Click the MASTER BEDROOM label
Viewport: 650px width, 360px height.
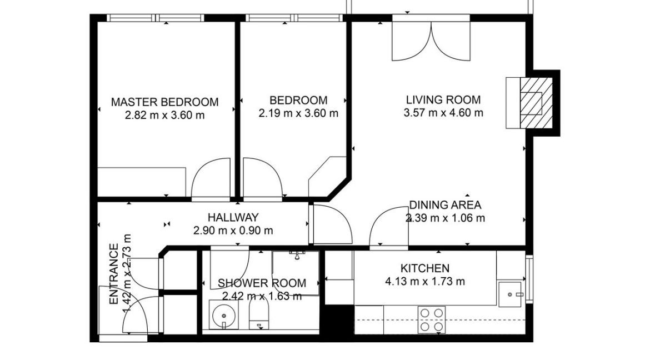click(x=164, y=102)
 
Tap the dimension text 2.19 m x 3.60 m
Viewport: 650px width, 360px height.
click(x=298, y=113)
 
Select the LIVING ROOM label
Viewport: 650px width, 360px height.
click(x=443, y=100)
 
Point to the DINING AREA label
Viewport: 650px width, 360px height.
click(x=445, y=205)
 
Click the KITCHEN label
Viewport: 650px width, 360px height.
click(x=425, y=268)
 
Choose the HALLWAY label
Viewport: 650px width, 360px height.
click(x=233, y=217)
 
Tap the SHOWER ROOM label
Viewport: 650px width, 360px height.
click(x=262, y=283)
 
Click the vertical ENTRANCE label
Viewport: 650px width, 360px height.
click(x=114, y=274)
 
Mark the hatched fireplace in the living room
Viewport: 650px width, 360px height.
click(x=537, y=102)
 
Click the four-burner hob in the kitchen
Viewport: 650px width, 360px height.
click(x=432, y=320)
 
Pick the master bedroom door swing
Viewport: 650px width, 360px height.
click(x=211, y=179)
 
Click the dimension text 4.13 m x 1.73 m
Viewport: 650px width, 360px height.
click(x=425, y=282)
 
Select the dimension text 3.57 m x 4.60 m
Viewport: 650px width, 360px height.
click(x=443, y=113)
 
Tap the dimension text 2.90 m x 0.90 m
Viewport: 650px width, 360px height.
click(x=233, y=230)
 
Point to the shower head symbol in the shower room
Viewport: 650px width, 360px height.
click(x=297, y=254)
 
